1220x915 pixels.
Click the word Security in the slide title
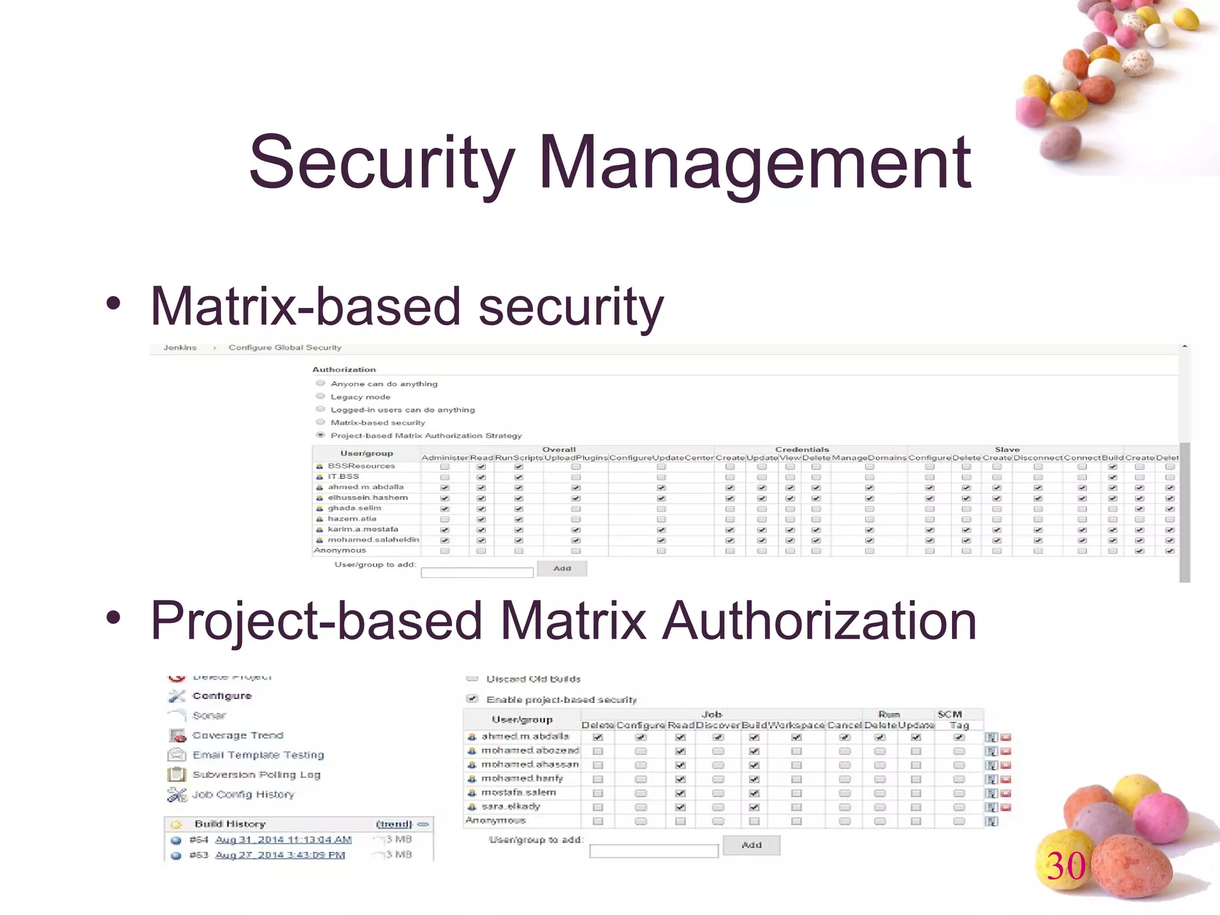381,162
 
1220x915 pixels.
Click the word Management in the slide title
755,162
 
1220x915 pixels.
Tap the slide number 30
1066,866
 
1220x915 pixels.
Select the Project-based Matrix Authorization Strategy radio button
320,435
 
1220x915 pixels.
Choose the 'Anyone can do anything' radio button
320,383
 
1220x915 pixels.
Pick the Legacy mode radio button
320,396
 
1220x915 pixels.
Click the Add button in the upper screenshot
562,568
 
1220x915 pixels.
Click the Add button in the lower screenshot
751,845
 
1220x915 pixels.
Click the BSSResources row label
361,466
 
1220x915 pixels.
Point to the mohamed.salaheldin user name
373,540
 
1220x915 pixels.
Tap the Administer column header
444,457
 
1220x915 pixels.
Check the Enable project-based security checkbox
472,698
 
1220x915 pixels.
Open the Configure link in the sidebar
222,696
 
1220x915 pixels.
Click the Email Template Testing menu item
258,755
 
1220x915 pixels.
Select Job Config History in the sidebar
243,794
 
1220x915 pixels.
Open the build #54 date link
283,840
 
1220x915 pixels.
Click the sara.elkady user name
511,807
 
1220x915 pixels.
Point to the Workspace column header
796,726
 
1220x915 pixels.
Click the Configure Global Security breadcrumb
285,347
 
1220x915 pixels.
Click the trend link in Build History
394,824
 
